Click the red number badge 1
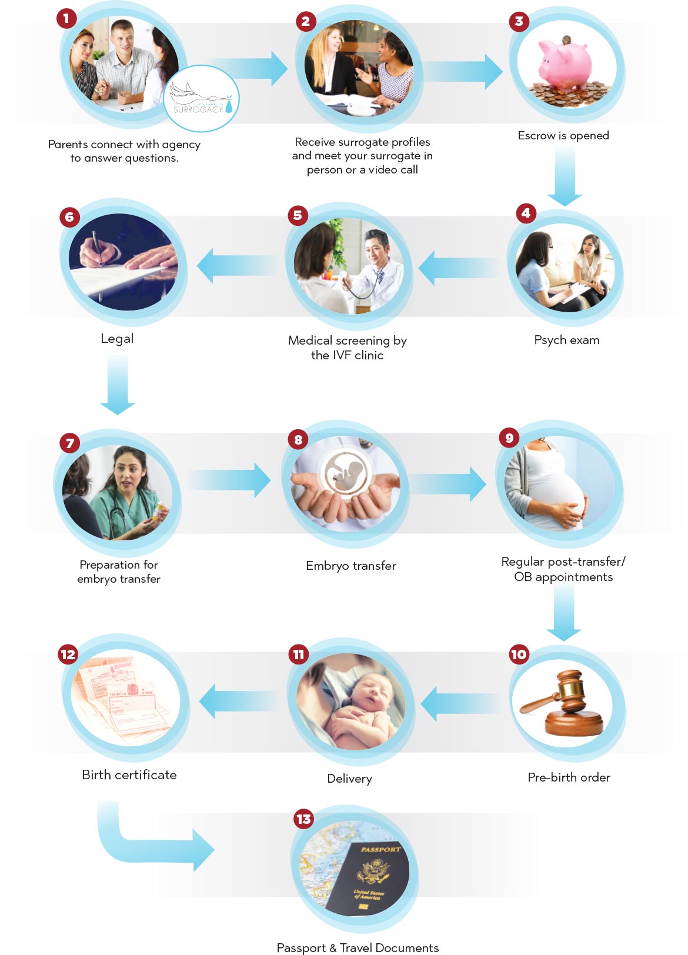coord(66,18)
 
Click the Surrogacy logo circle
coord(201,98)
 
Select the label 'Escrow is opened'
coord(563,136)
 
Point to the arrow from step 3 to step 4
coord(565,176)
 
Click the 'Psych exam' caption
coord(566,340)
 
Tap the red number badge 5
coord(298,215)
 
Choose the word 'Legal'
coord(117,339)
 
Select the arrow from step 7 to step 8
coord(231,480)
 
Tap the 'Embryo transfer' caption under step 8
coord(350,566)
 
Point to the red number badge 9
coord(509,438)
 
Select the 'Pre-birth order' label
coord(569,777)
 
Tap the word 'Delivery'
coord(349,779)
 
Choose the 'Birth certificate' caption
coord(129,775)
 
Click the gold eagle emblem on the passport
coord(374,871)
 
